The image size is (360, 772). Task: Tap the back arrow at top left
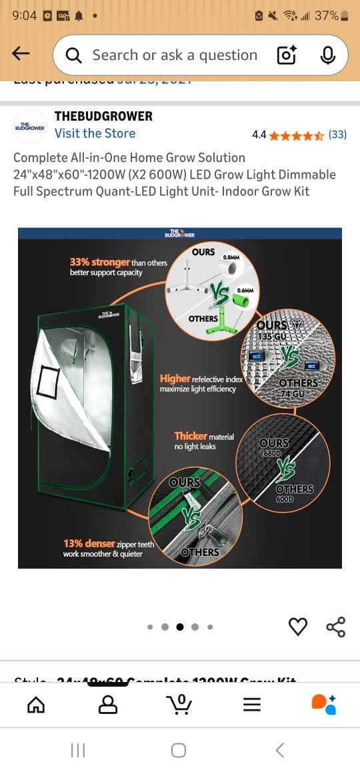(x=21, y=54)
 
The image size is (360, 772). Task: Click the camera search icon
(x=286, y=55)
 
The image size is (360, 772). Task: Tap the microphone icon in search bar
(x=327, y=55)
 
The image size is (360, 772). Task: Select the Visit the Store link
(x=95, y=133)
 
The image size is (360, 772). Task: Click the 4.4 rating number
(x=259, y=135)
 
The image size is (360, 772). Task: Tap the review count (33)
(x=337, y=135)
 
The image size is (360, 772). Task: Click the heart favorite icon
(x=298, y=627)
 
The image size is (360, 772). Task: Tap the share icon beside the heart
(x=335, y=627)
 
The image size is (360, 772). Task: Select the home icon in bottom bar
(x=36, y=704)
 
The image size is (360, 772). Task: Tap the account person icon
(x=107, y=704)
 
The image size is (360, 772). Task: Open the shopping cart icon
(x=179, y=704)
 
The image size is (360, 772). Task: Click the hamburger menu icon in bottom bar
(x=252, y=704)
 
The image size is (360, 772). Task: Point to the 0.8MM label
(x=231, y=257)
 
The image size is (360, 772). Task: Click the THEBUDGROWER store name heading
(x=103, y=116)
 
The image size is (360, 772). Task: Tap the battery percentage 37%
(x=327, y=15)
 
